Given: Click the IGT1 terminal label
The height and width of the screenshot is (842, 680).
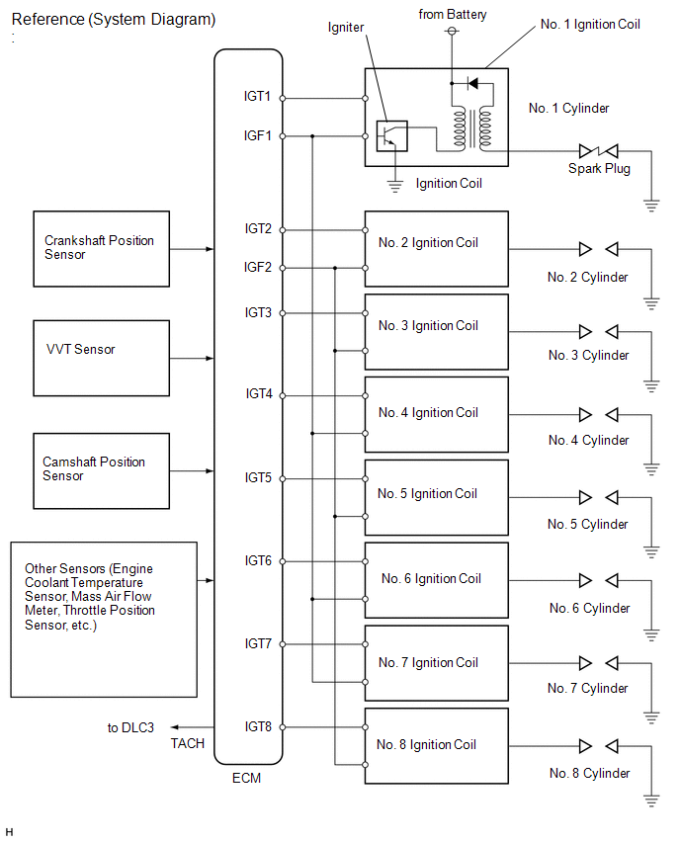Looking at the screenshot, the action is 257,96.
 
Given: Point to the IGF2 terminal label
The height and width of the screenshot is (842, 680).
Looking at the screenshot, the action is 258,267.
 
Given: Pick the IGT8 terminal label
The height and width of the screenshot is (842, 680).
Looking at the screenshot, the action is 258,726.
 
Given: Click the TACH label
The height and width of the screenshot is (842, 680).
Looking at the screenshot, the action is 188,743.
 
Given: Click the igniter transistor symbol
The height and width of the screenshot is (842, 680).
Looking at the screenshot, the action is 391,135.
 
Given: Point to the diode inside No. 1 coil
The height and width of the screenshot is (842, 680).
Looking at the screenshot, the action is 472,83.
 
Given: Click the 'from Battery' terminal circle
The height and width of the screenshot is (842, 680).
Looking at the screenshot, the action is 453,32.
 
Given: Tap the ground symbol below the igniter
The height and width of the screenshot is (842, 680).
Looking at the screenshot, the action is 394,187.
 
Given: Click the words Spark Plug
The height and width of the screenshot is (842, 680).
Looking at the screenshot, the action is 599,169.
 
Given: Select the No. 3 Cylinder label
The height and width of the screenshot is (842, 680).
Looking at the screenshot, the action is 589,355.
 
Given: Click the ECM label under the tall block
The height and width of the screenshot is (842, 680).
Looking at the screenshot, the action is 246,778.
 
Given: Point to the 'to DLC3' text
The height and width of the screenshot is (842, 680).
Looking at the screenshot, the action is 130,727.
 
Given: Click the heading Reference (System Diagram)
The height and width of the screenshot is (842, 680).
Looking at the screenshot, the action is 114,20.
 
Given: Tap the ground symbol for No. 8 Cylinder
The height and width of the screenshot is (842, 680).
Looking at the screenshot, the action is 651,800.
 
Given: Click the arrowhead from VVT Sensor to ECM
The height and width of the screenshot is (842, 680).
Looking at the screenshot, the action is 210,358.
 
